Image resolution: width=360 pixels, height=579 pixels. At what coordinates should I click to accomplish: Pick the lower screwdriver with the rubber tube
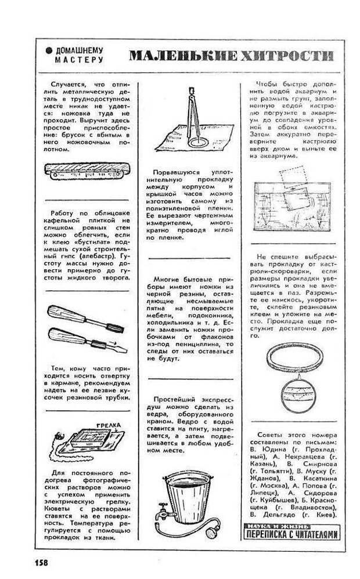(x=85, y=338)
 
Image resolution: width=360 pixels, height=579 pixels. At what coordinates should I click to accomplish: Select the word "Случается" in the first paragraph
(x=69, y=85)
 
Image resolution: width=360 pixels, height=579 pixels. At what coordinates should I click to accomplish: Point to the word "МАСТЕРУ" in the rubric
(x=79, y=59)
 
